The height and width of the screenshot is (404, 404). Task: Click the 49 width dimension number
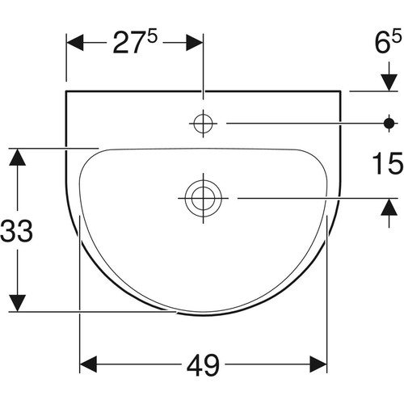tap(203, 364)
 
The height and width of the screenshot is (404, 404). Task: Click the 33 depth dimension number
tap(17, 230)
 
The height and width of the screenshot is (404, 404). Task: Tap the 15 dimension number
tap(387, 163)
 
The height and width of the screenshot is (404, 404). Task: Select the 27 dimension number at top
tap(128, 43)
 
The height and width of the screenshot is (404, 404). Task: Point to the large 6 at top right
tap(382, 43)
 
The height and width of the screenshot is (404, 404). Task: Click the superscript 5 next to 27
tap(152, 36)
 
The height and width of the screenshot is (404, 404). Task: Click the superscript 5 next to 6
tap(397, 36)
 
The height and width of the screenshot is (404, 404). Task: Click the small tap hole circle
tap(203, 124)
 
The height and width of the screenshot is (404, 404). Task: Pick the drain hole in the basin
tap(204, 198)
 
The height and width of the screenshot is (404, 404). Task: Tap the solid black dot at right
tap(389, 124)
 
